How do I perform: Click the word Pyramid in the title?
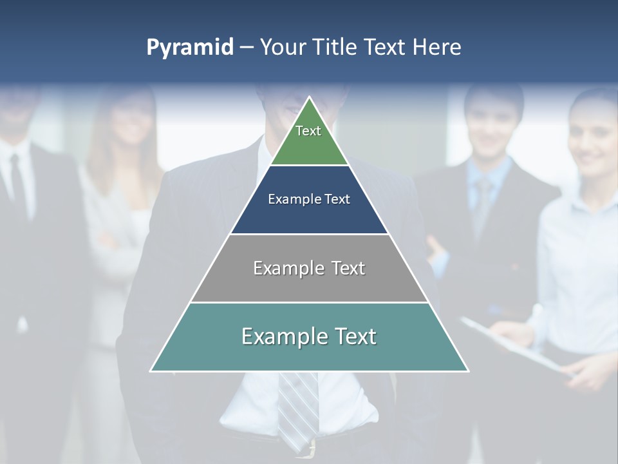tap(190, 48)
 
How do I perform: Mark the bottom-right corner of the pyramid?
tap(467, 371)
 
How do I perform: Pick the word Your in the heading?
tap(283, 48)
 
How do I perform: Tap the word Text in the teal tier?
tap(353, 336)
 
